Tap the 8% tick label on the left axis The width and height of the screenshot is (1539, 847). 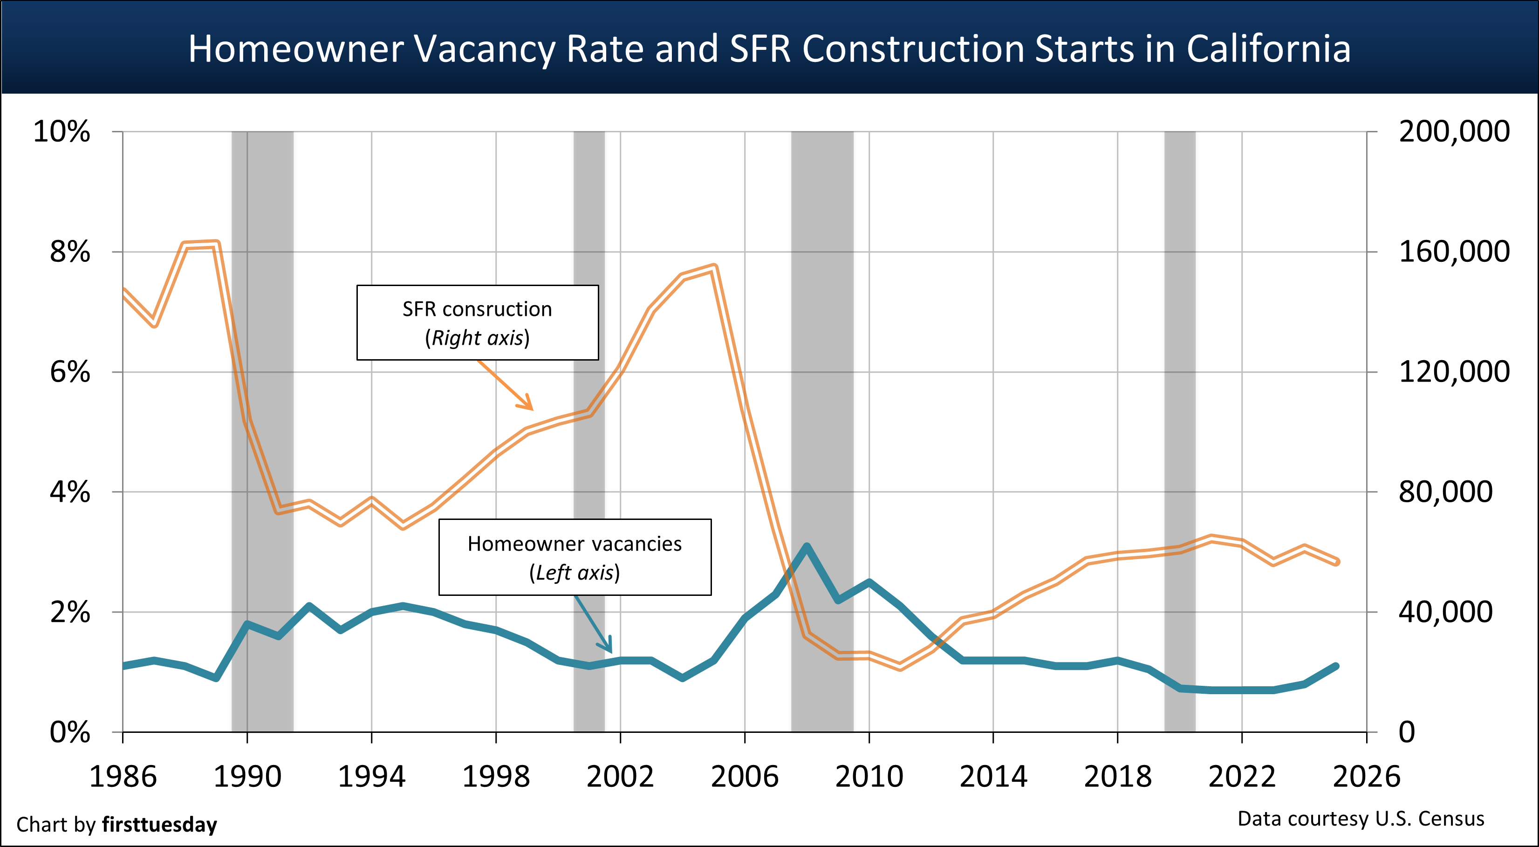point(70,252)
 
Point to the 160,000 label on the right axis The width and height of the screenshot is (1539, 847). point(1454,252)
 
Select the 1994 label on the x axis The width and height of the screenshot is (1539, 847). point(372,777)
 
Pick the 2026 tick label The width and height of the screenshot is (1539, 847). point(1366,777)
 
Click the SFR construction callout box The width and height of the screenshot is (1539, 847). point(477,322)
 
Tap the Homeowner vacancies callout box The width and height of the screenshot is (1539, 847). point(575,557)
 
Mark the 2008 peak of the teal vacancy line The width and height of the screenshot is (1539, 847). point(807,546)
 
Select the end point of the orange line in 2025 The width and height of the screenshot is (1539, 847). point(1336,561)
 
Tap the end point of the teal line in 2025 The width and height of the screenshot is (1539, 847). point(1336,666)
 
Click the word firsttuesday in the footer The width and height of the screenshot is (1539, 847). point(159,825)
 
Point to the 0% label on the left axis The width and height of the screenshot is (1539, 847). point(70,732)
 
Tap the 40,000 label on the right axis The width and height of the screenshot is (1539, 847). point(1445,612)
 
